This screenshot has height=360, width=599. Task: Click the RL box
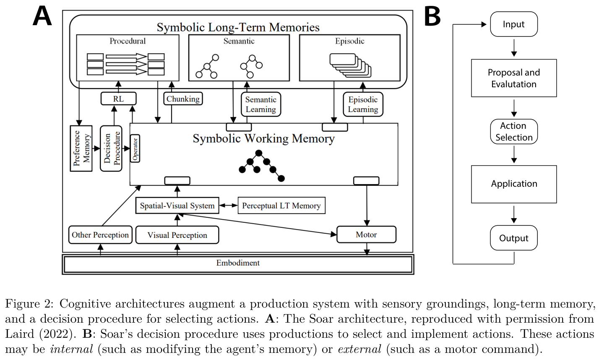tap(118, 99)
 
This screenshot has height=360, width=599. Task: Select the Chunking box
tap(183, 99)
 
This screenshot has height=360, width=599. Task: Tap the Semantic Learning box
tap(261, 104)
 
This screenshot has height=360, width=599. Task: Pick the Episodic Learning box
tap(363, 104)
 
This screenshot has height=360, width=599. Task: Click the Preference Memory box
tap(81, 149)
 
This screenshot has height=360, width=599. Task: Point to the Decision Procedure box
tap(111, 149)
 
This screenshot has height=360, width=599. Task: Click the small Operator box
tap(135, 149)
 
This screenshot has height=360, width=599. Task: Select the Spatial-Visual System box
tap(177, 206)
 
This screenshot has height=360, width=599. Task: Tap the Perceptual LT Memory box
tap(281, 206)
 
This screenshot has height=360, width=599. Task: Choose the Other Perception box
tap(100, 235)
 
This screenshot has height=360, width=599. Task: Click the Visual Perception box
tap(177, 235)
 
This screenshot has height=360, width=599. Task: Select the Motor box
tap(366, 235)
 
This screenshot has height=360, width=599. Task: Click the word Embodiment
tap(238, 263)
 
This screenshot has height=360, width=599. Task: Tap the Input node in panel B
tap(514, 24)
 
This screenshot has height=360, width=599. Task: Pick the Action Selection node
tap(514, 132)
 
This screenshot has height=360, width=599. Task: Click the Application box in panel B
tap(514, 184)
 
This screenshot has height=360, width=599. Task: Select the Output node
tap(514, 238)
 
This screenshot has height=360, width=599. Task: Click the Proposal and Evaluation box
tap(514, 78)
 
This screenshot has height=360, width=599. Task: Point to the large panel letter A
tap(42, 16)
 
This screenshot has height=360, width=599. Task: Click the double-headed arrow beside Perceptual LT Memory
tap(228, 206)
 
